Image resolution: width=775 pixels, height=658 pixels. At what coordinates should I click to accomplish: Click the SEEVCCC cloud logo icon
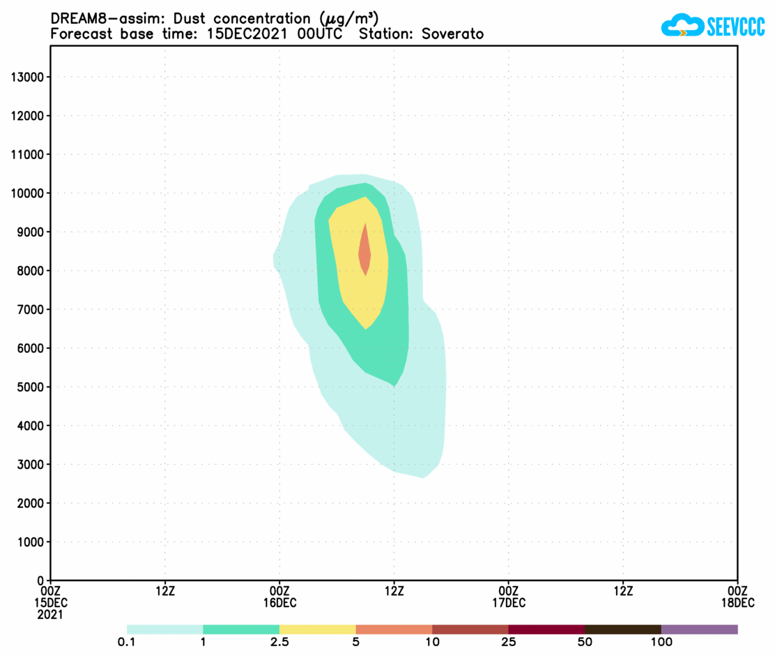coord(681,26)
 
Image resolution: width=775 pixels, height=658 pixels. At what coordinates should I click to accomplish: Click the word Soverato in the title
coord(452,34)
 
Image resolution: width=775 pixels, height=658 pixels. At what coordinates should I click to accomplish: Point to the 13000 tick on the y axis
coord(28,77)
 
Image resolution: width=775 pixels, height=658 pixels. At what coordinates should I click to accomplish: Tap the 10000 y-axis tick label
coord(28,193)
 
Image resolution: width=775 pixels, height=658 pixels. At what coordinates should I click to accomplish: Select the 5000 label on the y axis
coord(31,387)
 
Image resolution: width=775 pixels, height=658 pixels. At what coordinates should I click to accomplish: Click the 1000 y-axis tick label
coord(31,541)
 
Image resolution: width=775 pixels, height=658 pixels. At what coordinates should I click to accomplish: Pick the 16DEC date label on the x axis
coord(280,602)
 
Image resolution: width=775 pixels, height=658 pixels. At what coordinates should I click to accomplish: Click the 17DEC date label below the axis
coord(509,602)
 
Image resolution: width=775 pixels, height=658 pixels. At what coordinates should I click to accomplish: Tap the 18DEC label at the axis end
coord(737,602)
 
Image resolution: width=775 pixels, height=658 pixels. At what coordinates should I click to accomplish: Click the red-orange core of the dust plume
coord(365,251)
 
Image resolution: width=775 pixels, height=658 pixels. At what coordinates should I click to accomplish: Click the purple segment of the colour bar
coord(699,629)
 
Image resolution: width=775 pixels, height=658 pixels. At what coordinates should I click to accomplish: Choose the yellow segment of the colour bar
coord(317,629)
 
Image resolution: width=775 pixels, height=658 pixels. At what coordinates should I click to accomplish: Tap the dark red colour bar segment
coord(546,629)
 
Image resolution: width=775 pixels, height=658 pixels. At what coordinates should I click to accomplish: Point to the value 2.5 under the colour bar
coord(279,642)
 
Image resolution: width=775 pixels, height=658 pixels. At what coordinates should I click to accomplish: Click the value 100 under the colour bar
coord(661,642)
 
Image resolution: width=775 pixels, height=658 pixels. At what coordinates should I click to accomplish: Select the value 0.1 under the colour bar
coord(127,642)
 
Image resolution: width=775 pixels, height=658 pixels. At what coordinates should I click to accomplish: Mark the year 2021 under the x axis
coord(51,615)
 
